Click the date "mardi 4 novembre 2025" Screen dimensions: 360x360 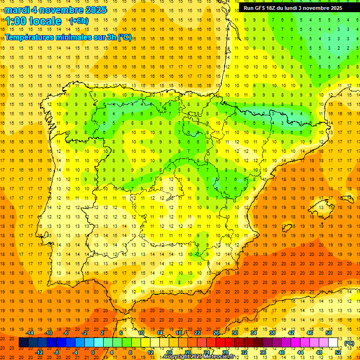[55, 10]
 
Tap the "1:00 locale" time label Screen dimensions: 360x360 [33, 21]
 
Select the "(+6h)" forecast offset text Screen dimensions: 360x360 [78, 21]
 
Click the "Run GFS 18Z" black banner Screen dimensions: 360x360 [293, 8]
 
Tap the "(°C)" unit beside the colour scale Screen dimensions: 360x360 [349, 343]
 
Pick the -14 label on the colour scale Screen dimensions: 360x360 [30, 333]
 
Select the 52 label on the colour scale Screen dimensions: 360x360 [338, 352]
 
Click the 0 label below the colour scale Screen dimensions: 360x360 [93, 352]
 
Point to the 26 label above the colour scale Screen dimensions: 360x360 [216, 333]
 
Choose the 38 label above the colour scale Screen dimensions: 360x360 [272, 333]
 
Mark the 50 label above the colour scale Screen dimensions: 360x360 [329, 333]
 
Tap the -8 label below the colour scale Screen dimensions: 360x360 [56, 352]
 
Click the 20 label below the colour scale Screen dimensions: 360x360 [187, 352]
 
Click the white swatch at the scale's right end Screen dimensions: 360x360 [333, 343]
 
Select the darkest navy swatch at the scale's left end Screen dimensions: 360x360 [23, 343]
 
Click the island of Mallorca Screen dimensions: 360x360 [320, 204]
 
